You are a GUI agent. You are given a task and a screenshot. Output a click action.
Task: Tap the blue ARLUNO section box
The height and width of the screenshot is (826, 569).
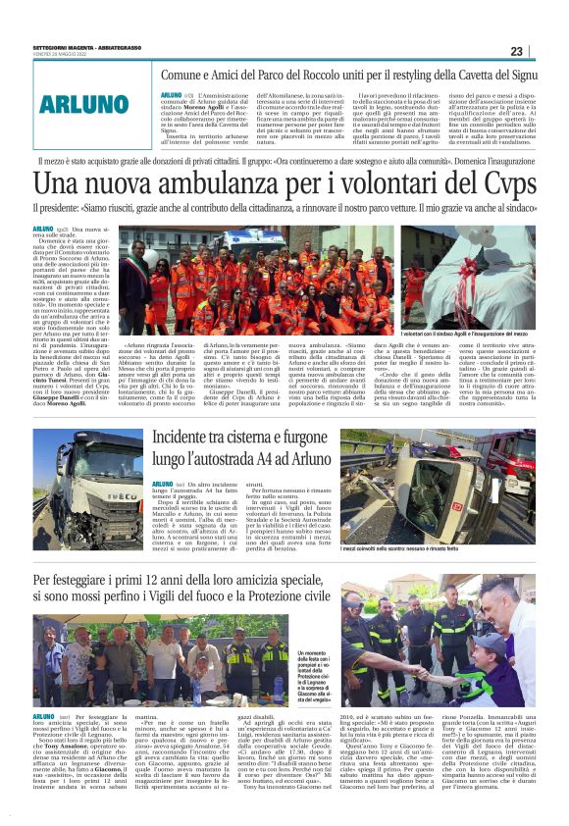pyautogui.click(x=84, y=104)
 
